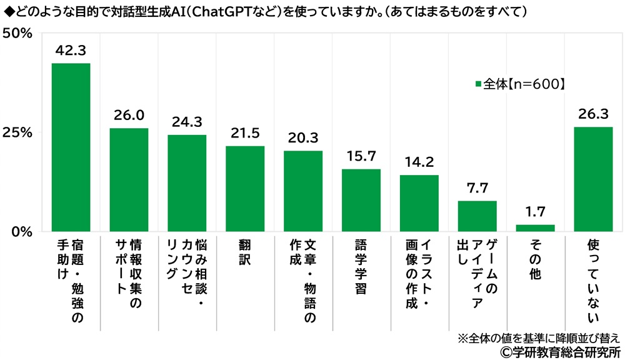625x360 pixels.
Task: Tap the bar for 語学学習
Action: point(361,200)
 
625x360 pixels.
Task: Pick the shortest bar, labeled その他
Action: point(535,228)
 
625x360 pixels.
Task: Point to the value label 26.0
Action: point(129,116)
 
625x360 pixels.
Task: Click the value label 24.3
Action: point(187,122)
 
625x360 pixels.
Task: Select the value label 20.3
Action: point(303,138)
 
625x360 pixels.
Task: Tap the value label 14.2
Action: point(419,162)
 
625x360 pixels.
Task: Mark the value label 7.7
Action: point(477,188)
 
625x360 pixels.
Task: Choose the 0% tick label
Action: point(21,232)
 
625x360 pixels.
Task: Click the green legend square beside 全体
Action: point(479,83)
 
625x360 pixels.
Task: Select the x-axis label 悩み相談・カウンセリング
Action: point(187,269)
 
